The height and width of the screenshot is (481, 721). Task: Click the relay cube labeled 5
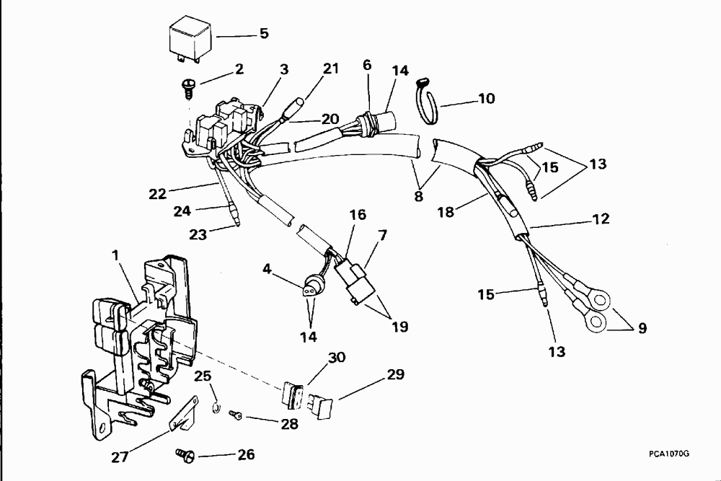click(190, 40)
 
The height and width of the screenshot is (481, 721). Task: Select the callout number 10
click(486, 98)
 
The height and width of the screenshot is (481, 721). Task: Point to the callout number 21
click(330, 69)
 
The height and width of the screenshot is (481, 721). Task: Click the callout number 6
click(367, 65)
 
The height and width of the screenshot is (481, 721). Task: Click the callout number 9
click(641, 328)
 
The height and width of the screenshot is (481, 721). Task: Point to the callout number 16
click(358, 214)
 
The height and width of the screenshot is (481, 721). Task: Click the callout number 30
click(337, 358)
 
